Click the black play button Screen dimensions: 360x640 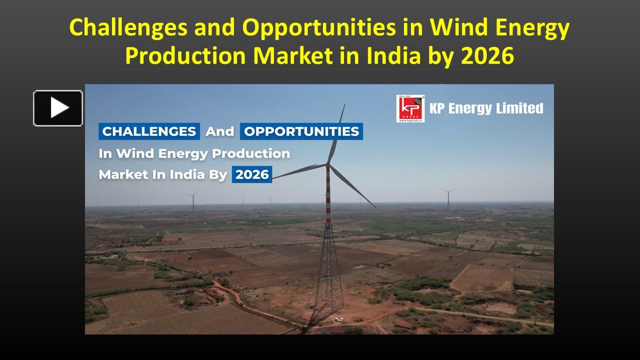click(x=58, y=108)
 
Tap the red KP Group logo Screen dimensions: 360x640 click(x=410, y=108)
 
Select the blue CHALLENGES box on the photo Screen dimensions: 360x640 click(x=149, y=131)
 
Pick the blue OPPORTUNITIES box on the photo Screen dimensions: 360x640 click(x=301, y=131)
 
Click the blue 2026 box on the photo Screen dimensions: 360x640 click(x=252, y=174)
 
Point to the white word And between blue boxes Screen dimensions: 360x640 click(x=220, y=131)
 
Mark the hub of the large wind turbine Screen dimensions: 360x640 click(x=328, y=163)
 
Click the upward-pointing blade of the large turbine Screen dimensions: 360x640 click(x=337, y=132)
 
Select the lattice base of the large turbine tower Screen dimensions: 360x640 click(x=328, y=270)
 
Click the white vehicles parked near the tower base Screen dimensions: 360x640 click(x=339, y=319)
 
